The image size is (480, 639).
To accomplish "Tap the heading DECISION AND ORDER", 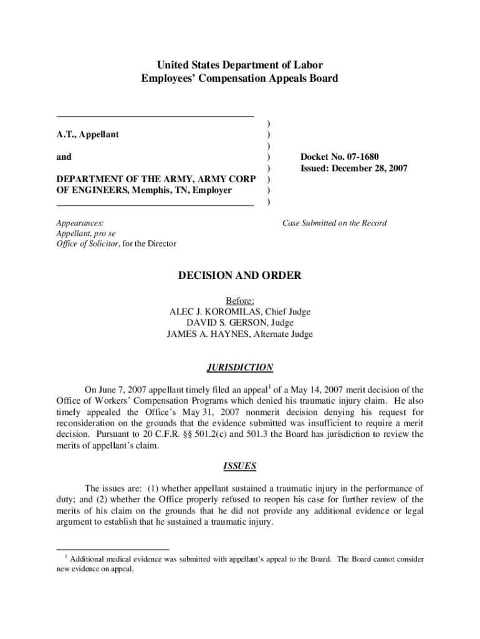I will tap(240, 275).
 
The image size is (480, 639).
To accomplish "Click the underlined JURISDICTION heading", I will tap(239, 367).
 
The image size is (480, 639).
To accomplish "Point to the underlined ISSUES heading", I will tap(239, 466).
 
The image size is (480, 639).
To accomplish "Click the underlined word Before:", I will tap(240, 300).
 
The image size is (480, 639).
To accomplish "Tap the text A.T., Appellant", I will tap(88, 134).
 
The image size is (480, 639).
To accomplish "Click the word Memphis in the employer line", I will tap(145, 190).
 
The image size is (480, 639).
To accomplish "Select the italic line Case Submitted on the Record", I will tap(334, 223).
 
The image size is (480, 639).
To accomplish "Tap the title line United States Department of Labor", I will tap(240, 65).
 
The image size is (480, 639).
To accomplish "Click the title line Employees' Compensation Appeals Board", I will tap(240, 78).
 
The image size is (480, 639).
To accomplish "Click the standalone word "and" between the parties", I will tap(64, 157).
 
